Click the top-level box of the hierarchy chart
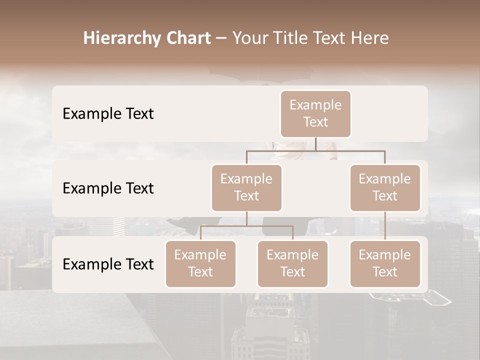315,113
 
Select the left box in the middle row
246,187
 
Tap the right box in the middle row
385,187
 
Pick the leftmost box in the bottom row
200,263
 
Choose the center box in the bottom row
292,263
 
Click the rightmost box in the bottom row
385,263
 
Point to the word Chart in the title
188,38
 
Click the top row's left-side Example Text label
108,114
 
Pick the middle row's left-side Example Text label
108,188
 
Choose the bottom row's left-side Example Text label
108,264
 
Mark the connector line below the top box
315,144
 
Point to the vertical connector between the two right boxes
385,225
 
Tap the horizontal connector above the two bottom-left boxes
270,226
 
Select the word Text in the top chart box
315,122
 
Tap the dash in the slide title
221,38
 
